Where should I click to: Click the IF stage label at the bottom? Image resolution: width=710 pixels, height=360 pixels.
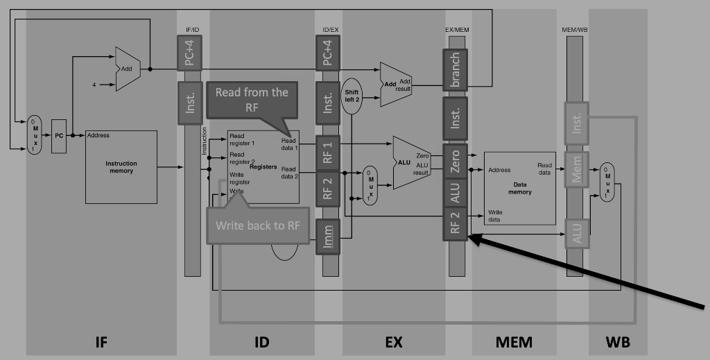point(101,341)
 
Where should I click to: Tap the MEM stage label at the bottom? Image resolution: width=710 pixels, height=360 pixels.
point(514,341)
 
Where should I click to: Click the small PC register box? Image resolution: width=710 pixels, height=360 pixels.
point(59,136)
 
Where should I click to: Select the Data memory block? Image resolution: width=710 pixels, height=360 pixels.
point(519,188)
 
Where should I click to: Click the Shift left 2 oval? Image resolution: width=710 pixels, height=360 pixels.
point(352,95)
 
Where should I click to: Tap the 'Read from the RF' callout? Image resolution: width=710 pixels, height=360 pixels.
point(251,100)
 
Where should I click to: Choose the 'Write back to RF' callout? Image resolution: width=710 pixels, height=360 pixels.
point(257,225)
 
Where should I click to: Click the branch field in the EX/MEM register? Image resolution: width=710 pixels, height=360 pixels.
point(456,69)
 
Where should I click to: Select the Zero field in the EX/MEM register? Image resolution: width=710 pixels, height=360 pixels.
point(456,161)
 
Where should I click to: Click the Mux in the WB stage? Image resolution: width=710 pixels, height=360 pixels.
point(607,182)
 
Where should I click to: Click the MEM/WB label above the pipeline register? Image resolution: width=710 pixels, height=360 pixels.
point(574,30)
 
